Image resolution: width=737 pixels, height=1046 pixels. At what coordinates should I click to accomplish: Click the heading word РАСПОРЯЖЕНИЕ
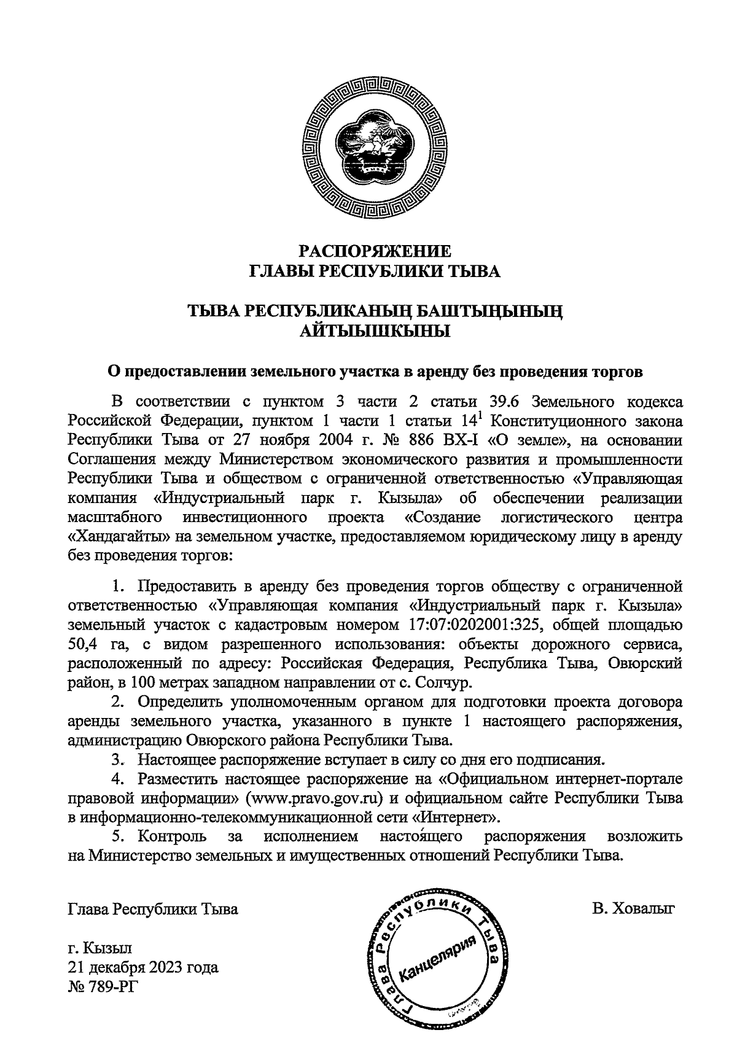375,251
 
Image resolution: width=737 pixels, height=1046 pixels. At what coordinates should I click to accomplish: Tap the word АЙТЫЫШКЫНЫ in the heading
375,332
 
